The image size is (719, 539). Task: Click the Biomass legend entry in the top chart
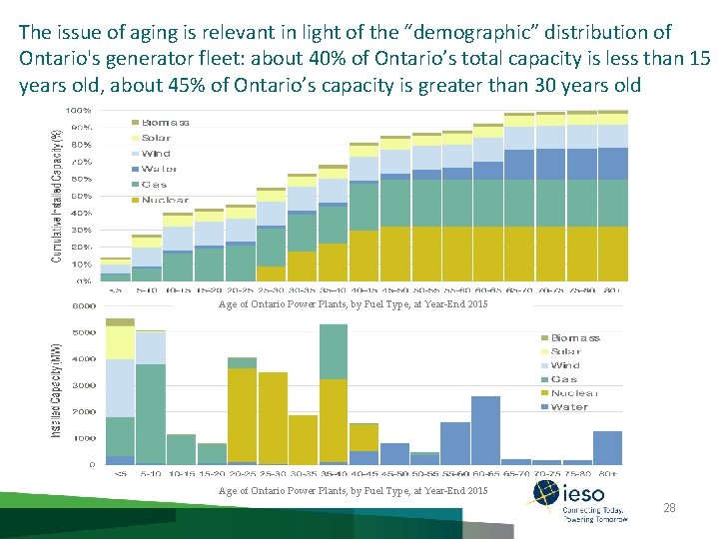[165, 123]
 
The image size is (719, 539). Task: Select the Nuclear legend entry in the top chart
[165, 201]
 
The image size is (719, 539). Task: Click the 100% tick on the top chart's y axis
[80, 110]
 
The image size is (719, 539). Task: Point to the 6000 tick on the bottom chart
[83, 306]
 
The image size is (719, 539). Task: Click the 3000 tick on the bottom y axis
[83, 385]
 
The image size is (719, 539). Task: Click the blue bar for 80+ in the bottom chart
[607, 447]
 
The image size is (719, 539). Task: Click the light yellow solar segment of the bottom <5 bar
[120, 342]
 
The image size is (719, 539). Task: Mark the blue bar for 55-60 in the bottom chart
[454, 442]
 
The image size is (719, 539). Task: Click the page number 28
[670, 509]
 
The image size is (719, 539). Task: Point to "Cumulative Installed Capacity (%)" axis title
[56, 195]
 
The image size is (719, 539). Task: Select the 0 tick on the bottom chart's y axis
[91, 464]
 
